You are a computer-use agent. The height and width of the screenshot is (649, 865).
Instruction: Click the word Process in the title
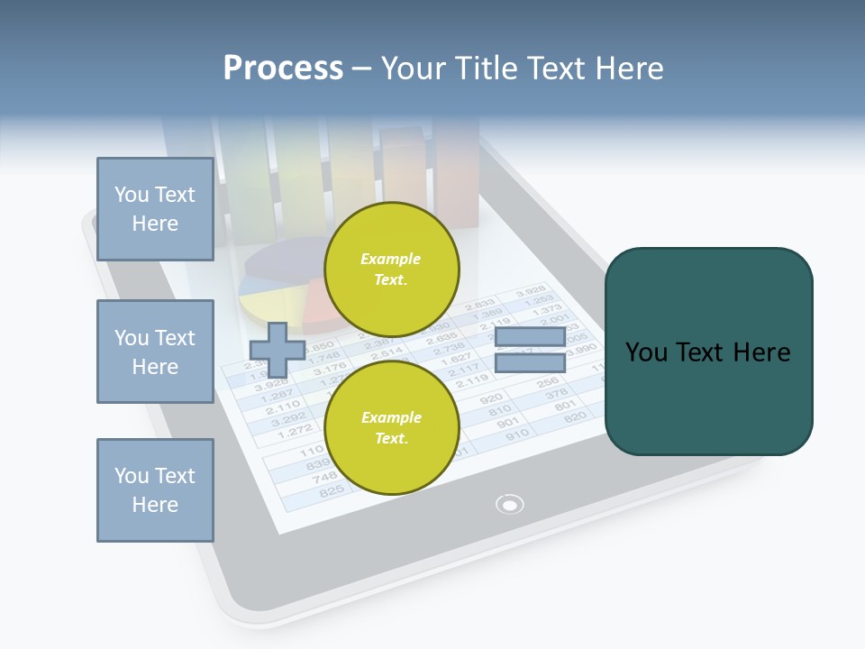pyautogui.click(x=283, y=69)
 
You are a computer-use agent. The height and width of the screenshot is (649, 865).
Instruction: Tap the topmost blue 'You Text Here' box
pyautogui.click(x=155, y=209)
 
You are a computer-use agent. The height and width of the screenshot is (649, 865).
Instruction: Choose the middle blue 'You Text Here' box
pyautogui.click(x=155, y=352)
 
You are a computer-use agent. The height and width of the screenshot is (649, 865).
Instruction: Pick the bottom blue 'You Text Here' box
pyautogui.click(x=155, y=490)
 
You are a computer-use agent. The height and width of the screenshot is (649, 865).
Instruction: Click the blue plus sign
pyautogui.click(x=276, y=350)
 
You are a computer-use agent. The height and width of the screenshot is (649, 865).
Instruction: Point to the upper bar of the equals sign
pyautogui.click(x=530, y=337)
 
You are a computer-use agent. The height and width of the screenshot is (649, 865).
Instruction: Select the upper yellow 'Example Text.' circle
pyautogui.click(x=391, y=269)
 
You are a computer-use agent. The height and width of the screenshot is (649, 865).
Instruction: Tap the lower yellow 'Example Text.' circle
pyautogui.click(x=391, y=427)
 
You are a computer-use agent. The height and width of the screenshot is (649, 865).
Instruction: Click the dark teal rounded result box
pyautogui.click(x=708, y=352)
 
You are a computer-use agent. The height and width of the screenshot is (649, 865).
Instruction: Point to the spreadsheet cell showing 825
pyautogui.click(x=332, y=490)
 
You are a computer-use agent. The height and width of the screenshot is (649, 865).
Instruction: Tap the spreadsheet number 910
pyautogui.click(x=517, y=434)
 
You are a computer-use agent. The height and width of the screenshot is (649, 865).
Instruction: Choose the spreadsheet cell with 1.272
pyautogui.click(x=294, y=431)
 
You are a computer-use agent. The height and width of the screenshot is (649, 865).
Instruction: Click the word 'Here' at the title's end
pyautogui.click(x=631, y=69)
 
